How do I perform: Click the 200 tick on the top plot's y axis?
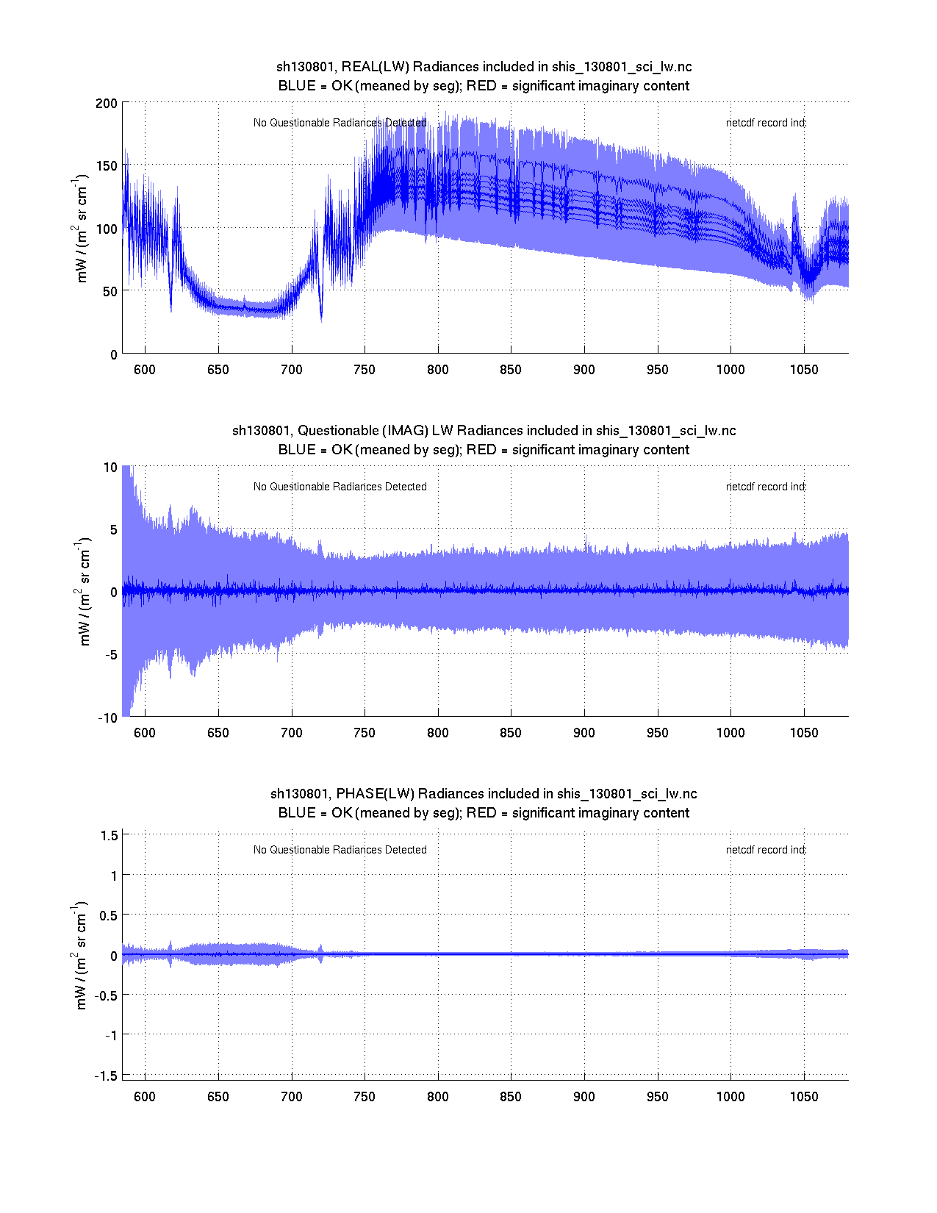(106, 103)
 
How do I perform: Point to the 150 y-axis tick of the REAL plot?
(106, 166)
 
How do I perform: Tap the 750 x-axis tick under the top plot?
(365, 370)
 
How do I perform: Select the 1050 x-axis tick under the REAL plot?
(803, 370)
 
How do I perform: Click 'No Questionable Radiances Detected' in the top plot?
(340, 123)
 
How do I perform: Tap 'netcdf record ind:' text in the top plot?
(766, 123)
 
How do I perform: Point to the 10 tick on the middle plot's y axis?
(110, 468)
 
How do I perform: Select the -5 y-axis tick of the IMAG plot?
(110, 655)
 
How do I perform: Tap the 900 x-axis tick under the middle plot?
(584, 733)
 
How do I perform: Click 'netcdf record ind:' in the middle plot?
(766, 487)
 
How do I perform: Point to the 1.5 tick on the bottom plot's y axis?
(110, 835)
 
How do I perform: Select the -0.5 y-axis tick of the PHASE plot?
(107, 995)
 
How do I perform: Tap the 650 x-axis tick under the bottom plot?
(218, 1097)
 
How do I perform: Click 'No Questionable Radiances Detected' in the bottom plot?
(340, 850)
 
